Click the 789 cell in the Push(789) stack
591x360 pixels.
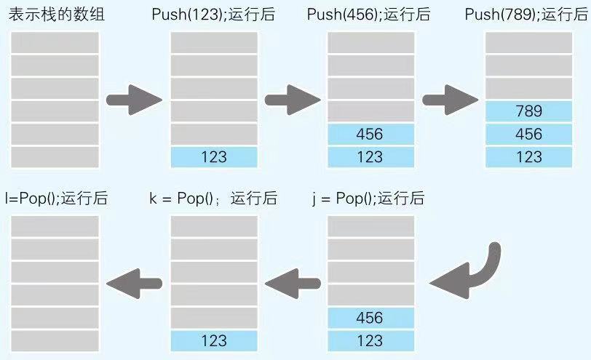pos(528,111)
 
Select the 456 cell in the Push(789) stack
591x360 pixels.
pos(528,134)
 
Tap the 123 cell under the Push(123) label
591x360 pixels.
pos(214,156)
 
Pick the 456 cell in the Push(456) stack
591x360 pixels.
pos(370,134)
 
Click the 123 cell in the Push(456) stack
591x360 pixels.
pos(370,156)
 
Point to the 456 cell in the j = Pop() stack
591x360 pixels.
pos(370,318)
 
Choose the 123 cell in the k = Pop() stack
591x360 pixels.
pos(214,340)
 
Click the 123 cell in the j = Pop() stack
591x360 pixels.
pos(370,340)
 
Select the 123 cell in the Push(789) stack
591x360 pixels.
pos(528,156)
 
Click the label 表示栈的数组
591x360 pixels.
pos(56,14)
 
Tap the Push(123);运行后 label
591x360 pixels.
pos(213,14)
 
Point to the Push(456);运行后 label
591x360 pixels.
pos(370,14)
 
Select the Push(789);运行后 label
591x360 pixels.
pos(528,14)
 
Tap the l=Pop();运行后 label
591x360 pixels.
pos(56,198)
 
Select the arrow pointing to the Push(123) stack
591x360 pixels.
pos(134,100)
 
